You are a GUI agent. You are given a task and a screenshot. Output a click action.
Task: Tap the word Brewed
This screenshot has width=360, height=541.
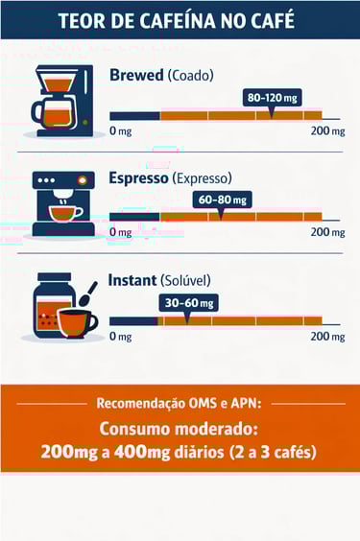coord(135,75)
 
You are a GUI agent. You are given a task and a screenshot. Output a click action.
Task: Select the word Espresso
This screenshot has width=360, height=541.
coord(138,178)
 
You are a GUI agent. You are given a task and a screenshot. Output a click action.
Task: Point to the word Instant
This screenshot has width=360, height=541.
coord(132,281)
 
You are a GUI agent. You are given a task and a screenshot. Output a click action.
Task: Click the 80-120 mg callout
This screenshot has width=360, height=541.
coord(274,98)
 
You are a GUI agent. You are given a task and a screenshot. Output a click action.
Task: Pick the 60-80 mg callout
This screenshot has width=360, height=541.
coord(223,200)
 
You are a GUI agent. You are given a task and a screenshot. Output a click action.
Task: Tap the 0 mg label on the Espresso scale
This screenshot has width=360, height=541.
coord(120,232)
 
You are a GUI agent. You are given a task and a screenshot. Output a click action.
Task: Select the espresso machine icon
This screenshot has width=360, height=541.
coord(63,203)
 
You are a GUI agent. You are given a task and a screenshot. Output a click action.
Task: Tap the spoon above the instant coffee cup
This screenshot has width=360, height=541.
coord(87,294)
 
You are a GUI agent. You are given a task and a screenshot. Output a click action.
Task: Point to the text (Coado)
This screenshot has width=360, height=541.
coord(189,76)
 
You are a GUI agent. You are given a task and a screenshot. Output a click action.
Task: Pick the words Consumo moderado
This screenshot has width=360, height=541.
coord(180,428)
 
